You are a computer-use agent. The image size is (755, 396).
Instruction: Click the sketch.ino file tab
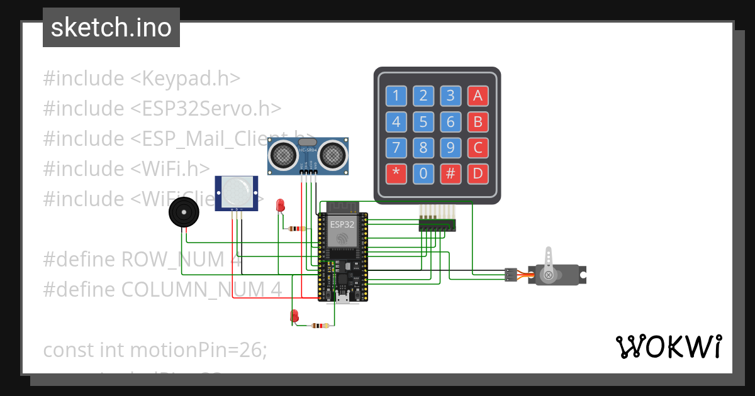111,28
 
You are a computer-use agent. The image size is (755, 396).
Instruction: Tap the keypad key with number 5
423,122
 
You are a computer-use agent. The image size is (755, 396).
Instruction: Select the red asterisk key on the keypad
396,173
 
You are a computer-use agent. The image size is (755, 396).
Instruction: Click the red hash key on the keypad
450,173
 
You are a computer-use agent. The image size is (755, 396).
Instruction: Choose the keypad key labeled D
478,173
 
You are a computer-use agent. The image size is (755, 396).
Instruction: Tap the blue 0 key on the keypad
423,173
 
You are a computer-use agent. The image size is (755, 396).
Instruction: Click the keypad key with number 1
396,96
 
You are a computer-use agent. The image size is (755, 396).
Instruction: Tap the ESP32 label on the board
342,224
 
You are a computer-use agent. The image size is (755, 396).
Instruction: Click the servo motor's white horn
549,265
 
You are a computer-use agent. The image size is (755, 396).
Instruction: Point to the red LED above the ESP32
281,204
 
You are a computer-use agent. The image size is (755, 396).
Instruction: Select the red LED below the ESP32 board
294,316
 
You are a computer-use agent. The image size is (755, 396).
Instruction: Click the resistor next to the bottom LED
320,326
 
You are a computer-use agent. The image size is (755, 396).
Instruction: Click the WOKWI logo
668,346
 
